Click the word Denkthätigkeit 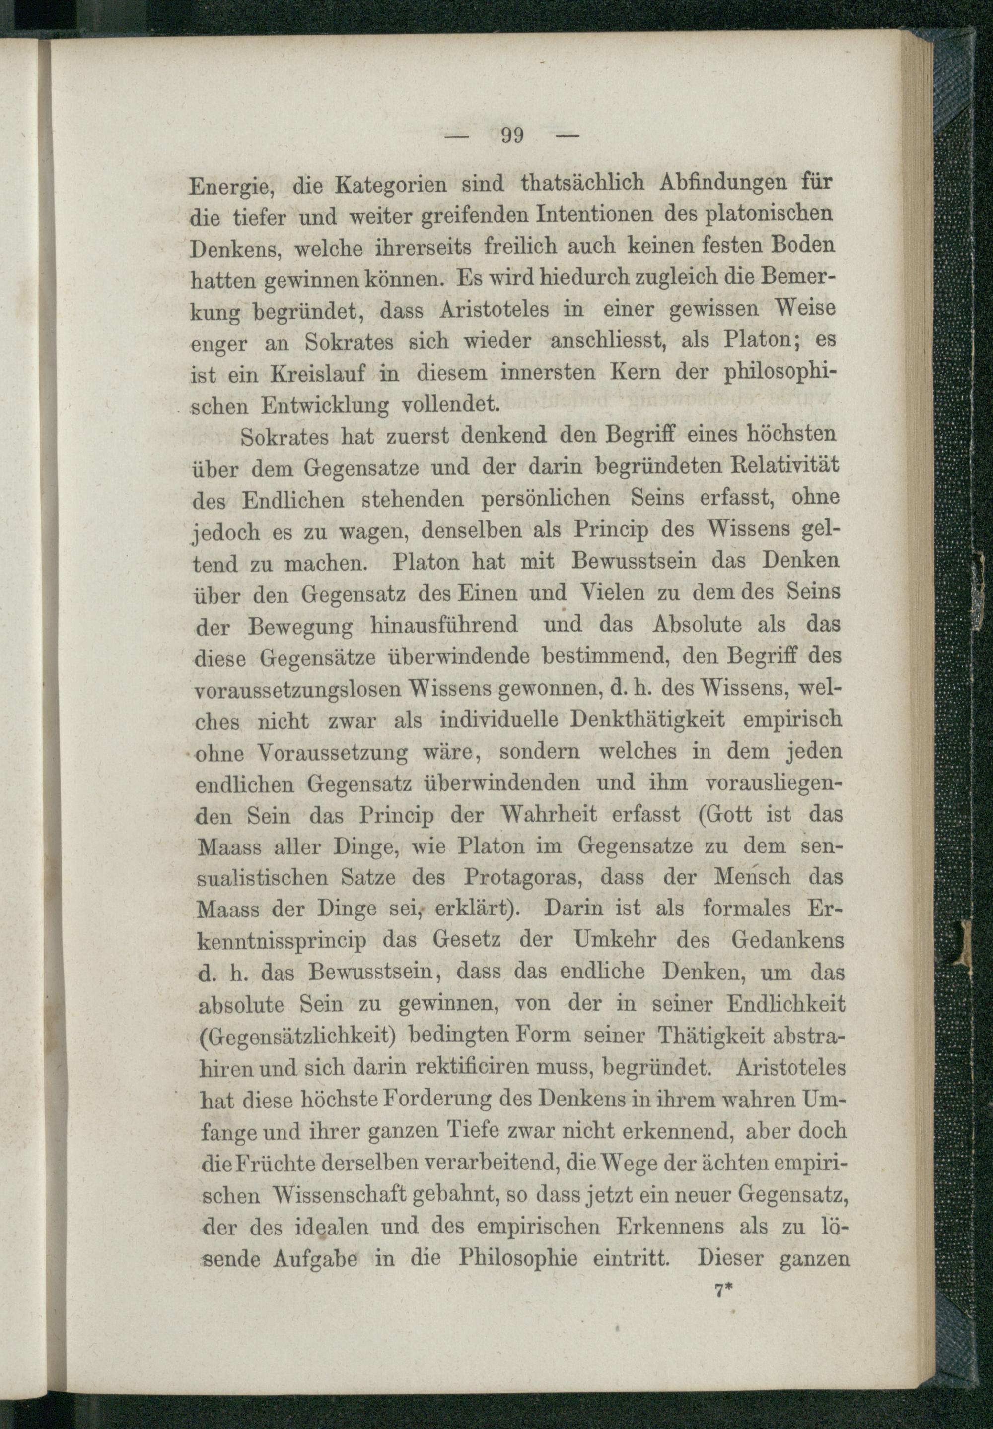pyautogui.click(x=647, y=720)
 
